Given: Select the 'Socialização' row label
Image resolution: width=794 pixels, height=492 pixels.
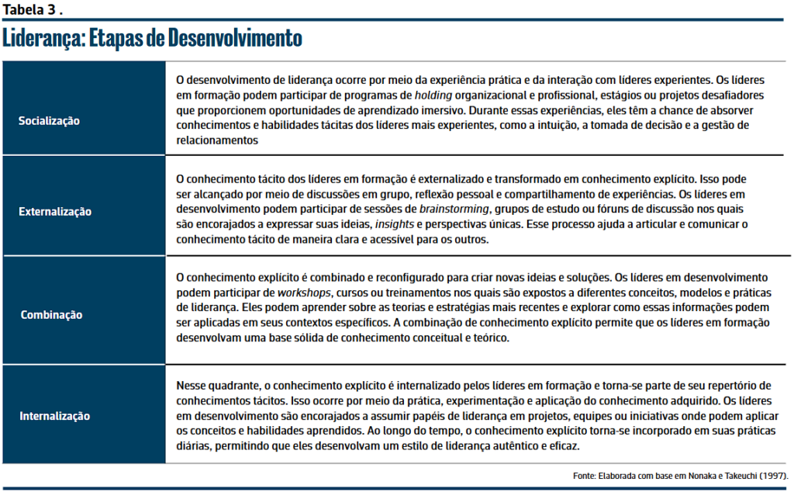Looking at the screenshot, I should point(49,121).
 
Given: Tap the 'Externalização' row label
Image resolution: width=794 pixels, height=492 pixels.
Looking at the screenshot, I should point(55,211).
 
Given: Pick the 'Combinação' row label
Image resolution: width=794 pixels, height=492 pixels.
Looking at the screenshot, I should point(52,314).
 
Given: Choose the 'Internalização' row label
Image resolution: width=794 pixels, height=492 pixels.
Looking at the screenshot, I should point(55,416).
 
